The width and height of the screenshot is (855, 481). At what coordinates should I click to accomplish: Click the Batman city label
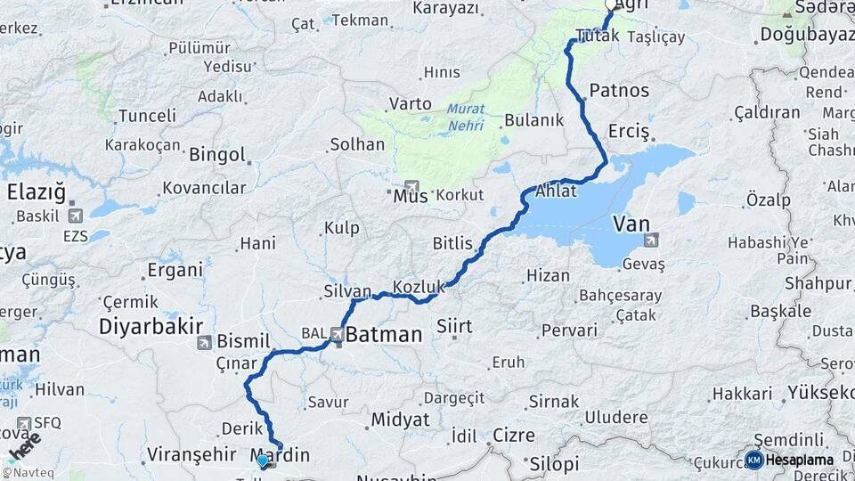pyautogui.click(x=384, y=336)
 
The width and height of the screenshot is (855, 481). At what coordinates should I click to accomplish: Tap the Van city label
pyautogui.click(x=631, y=224)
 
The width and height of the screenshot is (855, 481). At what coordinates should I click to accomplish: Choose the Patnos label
pyautogui.click(x=619, y=90)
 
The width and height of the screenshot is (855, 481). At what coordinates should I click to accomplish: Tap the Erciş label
pyautogui.click(x=630, y=131)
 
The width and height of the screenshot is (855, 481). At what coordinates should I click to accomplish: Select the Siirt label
pyautogui.click(x=454, y=326)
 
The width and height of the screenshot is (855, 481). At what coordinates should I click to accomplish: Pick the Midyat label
pyautogui.click(x=400, y=419)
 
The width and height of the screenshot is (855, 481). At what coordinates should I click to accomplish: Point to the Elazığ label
pyautogui.click(x=37, y=192)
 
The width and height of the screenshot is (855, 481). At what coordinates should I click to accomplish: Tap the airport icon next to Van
pyautogui.click(x=652, y=239)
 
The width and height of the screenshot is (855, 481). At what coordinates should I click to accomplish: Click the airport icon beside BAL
pyautogui.click(x=337, y=335)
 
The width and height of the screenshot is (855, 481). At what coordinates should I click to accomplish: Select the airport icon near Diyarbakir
pyautogui.click(x=205, y=342)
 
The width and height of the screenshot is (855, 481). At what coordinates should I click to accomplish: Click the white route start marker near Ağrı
pyautogui.click(x=611, y=5)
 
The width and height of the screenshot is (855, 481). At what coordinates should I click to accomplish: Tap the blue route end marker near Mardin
pyautogui.click(x=262, y=461)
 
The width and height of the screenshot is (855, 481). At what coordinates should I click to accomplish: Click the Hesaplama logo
pyautogui.click(x=791, y=460)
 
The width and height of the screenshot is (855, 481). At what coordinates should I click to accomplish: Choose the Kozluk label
pyautogui.click(x=419, y=287)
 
